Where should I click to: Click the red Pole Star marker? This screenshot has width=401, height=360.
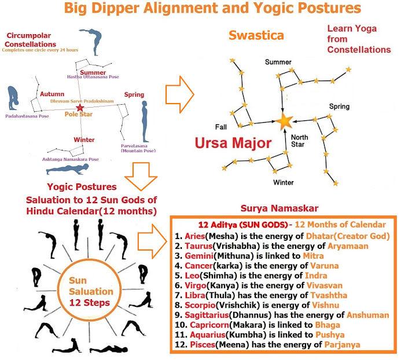click(x=80, y=108)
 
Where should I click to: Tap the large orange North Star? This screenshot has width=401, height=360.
click(x=285, y=121)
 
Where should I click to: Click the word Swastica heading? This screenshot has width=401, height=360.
click(x=256, y=35)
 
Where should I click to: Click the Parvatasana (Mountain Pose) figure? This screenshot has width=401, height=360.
click(x=143, y=121)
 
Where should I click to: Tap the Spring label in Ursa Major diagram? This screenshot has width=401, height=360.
click(x=339, y=107)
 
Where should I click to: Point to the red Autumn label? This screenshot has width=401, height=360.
click(x=53, y=93)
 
